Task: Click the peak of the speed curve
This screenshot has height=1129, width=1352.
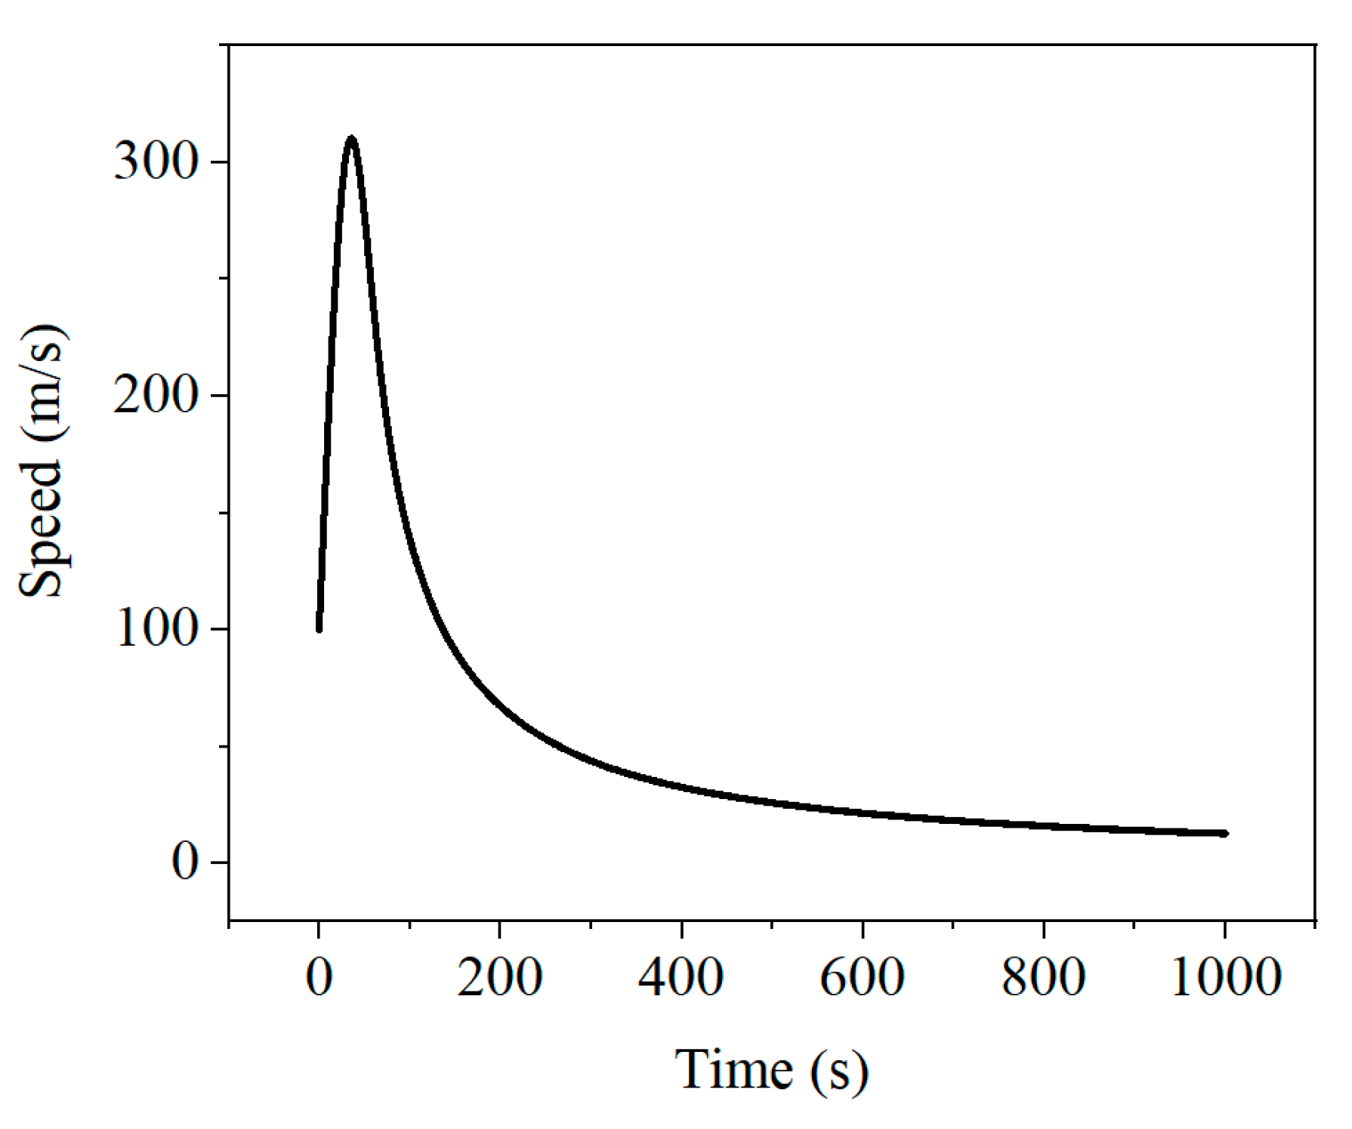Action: (350, 140)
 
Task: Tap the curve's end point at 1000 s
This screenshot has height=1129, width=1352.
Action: (1224, 833)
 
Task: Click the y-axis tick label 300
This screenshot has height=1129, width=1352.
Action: (156, 162)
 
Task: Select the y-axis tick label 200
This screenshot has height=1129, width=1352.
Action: (156, 395)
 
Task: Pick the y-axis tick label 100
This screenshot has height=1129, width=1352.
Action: (156, 628)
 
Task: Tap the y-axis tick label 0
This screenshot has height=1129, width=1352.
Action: (185, 862)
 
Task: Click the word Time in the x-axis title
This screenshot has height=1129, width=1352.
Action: (733, 1070)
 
